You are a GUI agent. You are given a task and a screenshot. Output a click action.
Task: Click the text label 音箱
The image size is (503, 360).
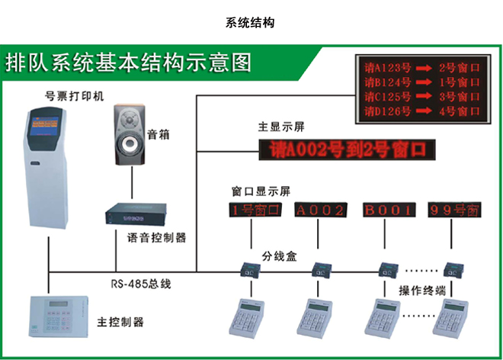coord(158,134)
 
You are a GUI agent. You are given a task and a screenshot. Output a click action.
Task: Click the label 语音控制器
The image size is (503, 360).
coord(157,237)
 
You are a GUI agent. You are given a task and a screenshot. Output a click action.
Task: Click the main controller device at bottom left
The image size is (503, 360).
coord(56,313)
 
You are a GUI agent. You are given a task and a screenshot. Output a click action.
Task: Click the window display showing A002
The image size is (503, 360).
coord(320,210)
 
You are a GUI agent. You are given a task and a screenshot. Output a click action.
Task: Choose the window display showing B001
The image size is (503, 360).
coord(388,210)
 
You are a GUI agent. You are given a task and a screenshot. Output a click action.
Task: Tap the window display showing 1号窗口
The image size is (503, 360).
coord(255,210)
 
